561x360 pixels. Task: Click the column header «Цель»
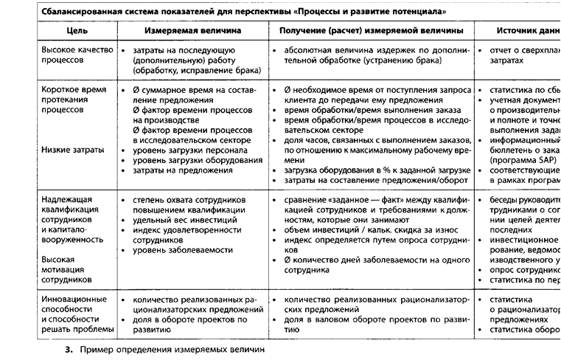coord(76,31)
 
